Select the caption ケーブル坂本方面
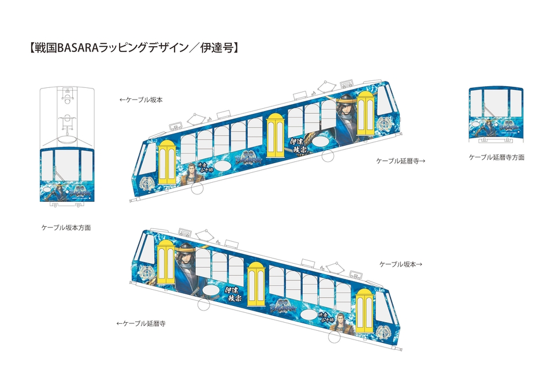[x=66, y=228]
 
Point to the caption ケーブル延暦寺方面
[x=496, y=157]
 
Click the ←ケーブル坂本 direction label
[x=141, y=99]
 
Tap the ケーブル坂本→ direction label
[x=401, y=264]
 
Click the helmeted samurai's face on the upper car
[x=345, y=110]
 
